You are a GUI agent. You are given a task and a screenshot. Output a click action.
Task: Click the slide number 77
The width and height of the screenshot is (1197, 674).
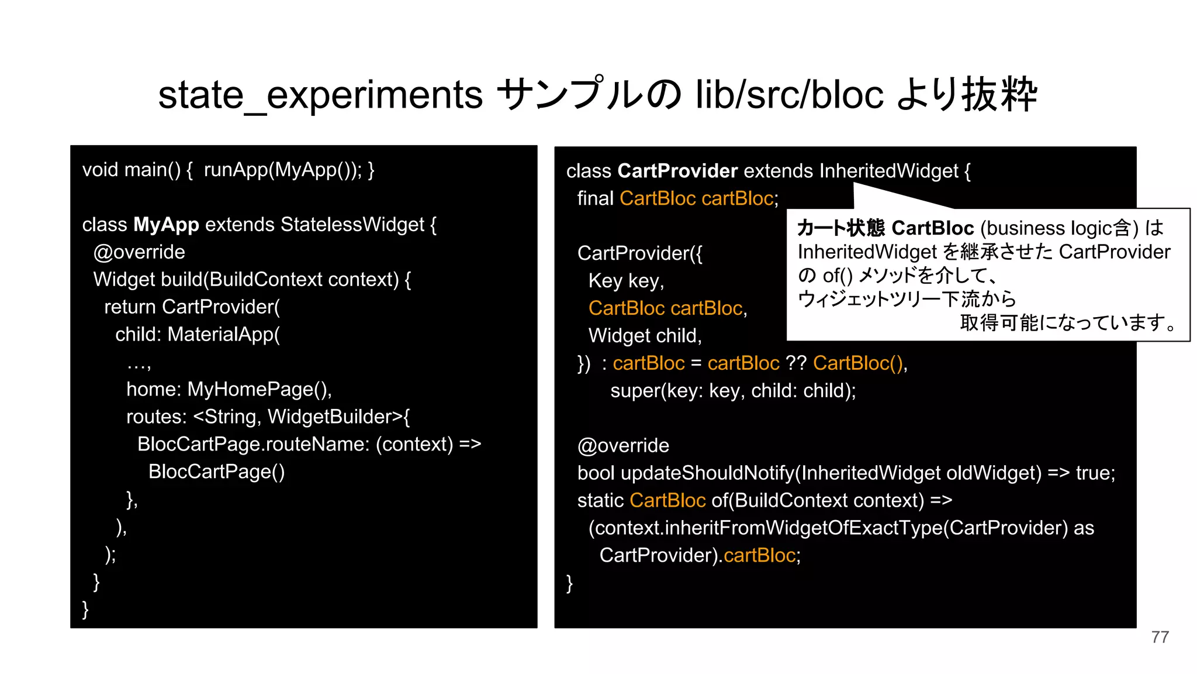click(1160, 637)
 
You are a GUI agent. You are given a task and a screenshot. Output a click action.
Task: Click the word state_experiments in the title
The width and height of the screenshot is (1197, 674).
click(320, 95)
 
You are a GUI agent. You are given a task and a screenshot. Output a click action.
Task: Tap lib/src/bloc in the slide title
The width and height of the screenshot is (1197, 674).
click(789, 95)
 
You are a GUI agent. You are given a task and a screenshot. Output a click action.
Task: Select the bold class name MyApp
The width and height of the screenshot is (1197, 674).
click(166, 225)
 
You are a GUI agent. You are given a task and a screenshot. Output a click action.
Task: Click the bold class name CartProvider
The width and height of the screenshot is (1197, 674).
click(677, 171)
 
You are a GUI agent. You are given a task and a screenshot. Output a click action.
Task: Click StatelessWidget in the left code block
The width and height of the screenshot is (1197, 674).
click(352, 225)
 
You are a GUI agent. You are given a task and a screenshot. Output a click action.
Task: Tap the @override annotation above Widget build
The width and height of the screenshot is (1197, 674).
click(139, 252)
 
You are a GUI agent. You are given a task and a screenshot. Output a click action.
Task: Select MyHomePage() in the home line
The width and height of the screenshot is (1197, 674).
click(259, 390)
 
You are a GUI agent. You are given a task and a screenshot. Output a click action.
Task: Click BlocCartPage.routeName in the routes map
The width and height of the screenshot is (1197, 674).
click(253, 445)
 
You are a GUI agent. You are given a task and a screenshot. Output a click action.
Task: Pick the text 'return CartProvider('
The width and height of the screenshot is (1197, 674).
click(192, 307)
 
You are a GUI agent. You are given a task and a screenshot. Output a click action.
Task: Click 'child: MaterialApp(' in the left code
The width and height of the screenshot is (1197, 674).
click(198, 335)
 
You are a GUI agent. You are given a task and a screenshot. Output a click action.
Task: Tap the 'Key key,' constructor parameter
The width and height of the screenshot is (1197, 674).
click(626, 281)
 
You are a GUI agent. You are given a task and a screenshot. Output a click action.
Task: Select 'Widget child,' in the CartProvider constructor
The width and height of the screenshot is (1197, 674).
click(645, 336)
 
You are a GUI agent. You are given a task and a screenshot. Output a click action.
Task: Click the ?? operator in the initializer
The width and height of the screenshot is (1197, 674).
click(796, 363)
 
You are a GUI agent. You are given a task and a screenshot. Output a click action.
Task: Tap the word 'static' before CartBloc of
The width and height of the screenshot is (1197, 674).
click(600, 501)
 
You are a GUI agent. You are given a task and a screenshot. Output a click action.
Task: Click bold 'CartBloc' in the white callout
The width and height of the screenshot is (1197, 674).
click(932, 228)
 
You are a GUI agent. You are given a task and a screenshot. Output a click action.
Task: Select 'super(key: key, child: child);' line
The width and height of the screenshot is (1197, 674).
click(733, 391)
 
